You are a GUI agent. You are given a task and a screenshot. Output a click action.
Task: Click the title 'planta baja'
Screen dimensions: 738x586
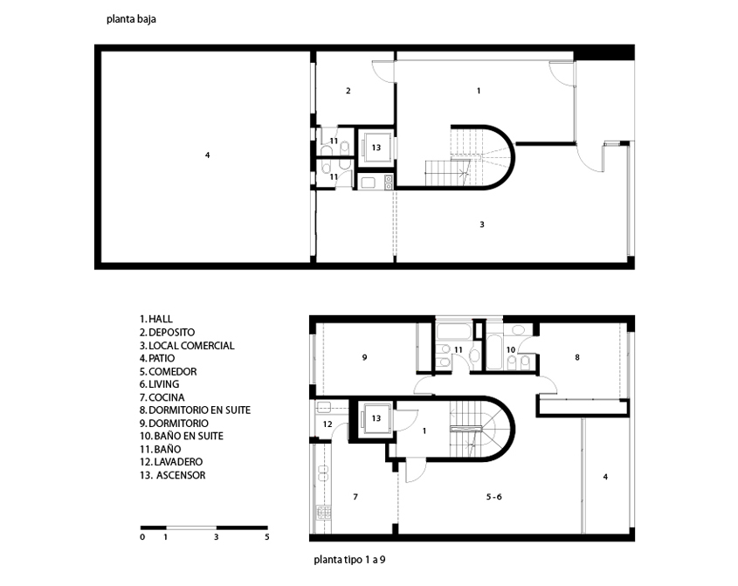click(x=131, y=19)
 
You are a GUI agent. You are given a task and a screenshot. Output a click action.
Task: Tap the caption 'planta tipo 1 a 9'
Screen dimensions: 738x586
click(x=349, y=560)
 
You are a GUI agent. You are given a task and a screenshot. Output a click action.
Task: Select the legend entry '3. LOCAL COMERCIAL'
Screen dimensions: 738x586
click(x=187, y=346)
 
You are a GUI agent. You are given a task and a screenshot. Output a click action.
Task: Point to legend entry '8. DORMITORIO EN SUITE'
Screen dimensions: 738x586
click(x=195, y=410)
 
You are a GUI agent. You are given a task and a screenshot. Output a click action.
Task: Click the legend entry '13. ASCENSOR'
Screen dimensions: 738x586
click(x=172, y=475)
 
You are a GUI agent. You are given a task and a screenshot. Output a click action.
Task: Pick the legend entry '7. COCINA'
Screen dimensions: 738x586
click(x=162, y=397)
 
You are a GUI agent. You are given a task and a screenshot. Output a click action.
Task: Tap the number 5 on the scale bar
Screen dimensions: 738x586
click(x=267, y=537)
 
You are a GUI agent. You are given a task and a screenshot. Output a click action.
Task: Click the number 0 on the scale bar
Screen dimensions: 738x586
click(x=142, y=537)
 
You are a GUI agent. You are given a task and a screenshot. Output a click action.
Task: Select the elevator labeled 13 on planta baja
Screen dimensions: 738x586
click(x=376, y=148)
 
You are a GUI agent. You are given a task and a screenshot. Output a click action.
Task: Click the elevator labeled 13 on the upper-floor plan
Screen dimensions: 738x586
click(x=376, y=418)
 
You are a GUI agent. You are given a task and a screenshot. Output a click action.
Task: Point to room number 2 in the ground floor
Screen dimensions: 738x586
click(x=348, y=91)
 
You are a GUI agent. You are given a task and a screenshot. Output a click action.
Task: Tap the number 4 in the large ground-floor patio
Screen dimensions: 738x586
click(x=207, y=155)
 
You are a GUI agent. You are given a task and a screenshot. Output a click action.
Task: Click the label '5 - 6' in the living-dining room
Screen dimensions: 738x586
click(x=493, y=497)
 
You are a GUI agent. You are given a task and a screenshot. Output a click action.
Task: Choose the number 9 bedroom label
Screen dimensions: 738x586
click(x=364, y=358)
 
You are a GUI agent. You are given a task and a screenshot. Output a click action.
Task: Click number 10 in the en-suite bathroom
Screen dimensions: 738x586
click(x=511, y=349)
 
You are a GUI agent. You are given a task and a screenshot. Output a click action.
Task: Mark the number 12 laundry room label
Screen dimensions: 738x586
click(x=328, y=424)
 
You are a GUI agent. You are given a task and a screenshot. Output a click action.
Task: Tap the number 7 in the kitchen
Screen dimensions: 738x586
click(x=355, y=497)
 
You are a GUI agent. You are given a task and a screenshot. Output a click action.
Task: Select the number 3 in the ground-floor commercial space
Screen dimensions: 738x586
click(x=482, y=224)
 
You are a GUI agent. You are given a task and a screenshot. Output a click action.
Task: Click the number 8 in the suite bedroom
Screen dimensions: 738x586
click(x=577, y=358)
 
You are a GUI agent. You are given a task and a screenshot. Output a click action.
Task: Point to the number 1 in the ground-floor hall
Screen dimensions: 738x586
click(x=479, y=91)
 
